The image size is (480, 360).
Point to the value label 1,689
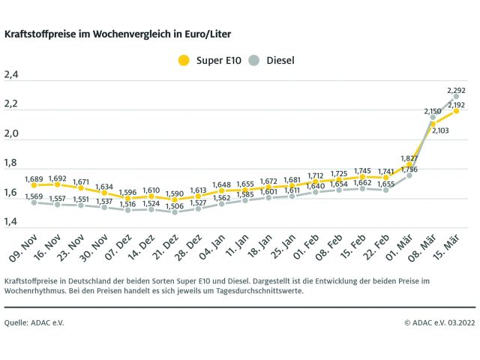(x=34, y=178)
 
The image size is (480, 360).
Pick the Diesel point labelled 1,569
(x=34, y=202)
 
